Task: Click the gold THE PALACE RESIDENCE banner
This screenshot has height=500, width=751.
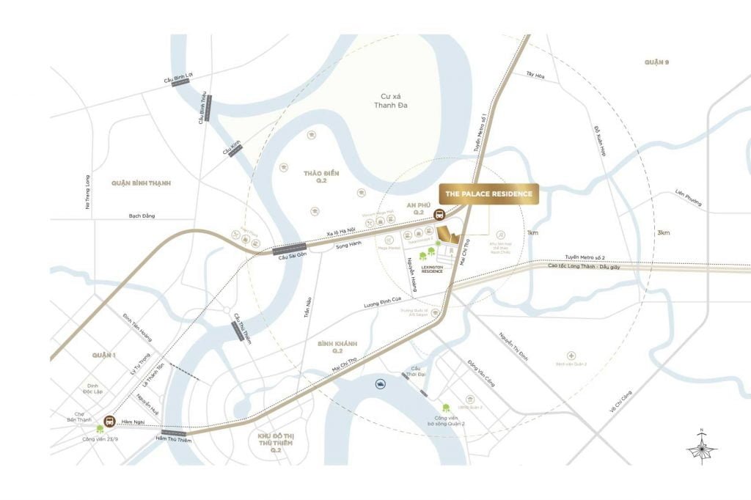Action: [489, 194]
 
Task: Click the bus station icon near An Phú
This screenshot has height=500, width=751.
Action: [439, 216]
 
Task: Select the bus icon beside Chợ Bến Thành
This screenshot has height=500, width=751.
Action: [110, 422]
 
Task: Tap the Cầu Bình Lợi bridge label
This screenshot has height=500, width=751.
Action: [179, 76]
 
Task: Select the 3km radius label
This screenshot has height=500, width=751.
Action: [663, 233]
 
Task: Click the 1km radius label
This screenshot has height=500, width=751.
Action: [532, 233]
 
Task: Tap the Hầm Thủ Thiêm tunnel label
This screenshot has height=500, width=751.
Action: [172, 438]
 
